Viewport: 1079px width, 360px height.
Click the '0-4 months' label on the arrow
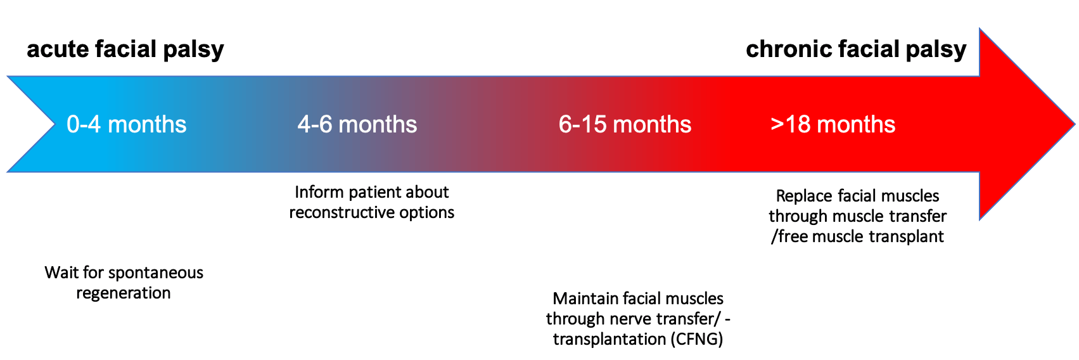click(x=126, y=124)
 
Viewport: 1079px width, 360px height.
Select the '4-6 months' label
click(x=357, y=124)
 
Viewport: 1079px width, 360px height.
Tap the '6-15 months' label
click(x=625, y=124)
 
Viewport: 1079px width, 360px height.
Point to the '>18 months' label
click(x=833, y=124)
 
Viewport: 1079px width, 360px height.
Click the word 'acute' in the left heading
click(x=58, y=49)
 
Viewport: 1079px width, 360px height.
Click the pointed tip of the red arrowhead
click(x=1074, y=124)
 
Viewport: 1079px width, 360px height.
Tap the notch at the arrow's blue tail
click(x=54, y=124)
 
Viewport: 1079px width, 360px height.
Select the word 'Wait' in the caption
click(x=60, y=273)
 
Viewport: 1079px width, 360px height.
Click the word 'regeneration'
click(x=124, y=293)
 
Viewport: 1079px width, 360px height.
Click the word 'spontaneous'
click(x=156, y=273)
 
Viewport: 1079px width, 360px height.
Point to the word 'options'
click(x=428, y=213)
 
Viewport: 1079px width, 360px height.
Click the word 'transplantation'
click(x=610, y=339)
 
